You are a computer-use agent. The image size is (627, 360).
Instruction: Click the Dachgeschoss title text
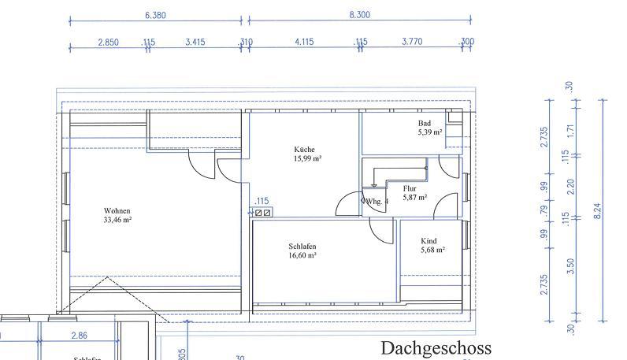point(436,347)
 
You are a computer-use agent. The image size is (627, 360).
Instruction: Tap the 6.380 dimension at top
point(155,15)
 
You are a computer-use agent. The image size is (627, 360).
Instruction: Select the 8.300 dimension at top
point(359,15)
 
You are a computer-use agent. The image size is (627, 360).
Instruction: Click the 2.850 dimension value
point(108,43)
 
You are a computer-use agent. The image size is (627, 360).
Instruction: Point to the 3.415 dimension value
point(195,43)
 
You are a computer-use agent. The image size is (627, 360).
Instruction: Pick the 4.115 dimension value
point(304,43)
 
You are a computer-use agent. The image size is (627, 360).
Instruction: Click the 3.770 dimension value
point(412,43)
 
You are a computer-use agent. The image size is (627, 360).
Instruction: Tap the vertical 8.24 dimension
point(599,211)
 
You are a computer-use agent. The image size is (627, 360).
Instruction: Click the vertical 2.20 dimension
point(571,187)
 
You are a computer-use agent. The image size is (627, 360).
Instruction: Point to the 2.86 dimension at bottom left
point(79,336)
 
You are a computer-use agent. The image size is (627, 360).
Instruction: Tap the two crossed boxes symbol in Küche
point(262,212)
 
